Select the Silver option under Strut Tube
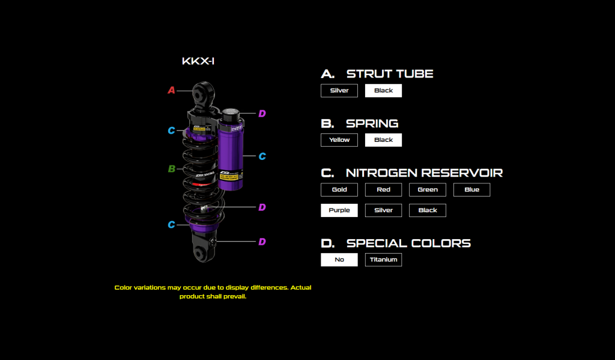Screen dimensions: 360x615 (339, 91)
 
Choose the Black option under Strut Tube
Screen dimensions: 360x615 (383, 91)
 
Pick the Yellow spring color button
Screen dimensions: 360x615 (339, 140)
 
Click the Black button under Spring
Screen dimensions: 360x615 (383, 140)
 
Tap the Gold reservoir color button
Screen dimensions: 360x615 (339, 190)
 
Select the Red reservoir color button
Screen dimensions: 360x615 (383, 190)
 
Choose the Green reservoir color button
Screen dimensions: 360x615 (428, 190)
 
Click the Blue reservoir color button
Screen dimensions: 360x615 (471, 190)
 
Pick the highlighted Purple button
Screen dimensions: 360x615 (339, 210)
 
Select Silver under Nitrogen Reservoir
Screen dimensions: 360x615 (383, 210)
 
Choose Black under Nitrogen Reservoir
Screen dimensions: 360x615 (428, 210)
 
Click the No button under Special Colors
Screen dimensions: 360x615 (339, 260)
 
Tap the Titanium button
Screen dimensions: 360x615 (383, 260)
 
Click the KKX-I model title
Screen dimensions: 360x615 (198, 61)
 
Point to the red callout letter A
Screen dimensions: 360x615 (171, 91)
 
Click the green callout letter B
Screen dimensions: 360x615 (171, 169)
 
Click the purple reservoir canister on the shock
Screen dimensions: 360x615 (231, 153)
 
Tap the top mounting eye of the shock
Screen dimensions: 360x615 (202, 94)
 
